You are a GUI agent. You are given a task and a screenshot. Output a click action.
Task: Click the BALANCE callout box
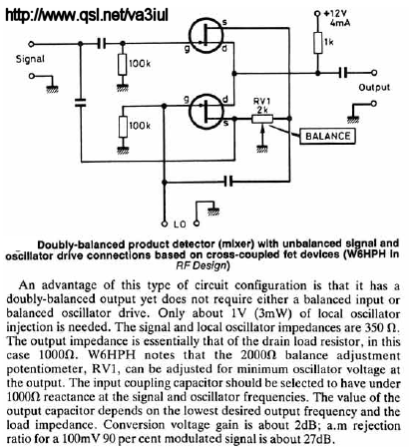point(327,136)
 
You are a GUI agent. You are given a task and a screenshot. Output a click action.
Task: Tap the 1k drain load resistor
point(318,43)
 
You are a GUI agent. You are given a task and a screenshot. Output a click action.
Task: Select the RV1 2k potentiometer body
point(262,119)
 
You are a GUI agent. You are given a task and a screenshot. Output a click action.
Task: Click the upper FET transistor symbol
point(206,36)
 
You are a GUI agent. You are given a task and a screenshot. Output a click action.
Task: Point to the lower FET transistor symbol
point(206,112)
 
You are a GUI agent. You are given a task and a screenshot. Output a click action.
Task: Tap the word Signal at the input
point(30,59)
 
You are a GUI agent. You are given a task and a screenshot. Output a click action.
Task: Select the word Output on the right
point(374,88)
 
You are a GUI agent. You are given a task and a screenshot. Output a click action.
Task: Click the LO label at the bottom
point(180,224)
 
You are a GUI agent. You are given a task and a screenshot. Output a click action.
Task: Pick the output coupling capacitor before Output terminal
point(343,72)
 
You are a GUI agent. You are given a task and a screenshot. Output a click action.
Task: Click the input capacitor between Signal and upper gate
point(102,43)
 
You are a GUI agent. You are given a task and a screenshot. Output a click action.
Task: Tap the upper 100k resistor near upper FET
point(123,64)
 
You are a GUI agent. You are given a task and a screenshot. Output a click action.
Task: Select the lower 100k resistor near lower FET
point(123,127)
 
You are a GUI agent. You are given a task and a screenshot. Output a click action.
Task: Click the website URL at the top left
point(87,15)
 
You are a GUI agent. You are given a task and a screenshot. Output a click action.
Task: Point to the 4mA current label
point(340,23)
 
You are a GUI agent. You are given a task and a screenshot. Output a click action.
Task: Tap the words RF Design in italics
point(201,266)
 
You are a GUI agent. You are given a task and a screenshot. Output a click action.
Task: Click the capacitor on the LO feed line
point(228,182)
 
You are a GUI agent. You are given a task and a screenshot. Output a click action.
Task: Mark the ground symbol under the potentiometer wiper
point(262,149)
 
